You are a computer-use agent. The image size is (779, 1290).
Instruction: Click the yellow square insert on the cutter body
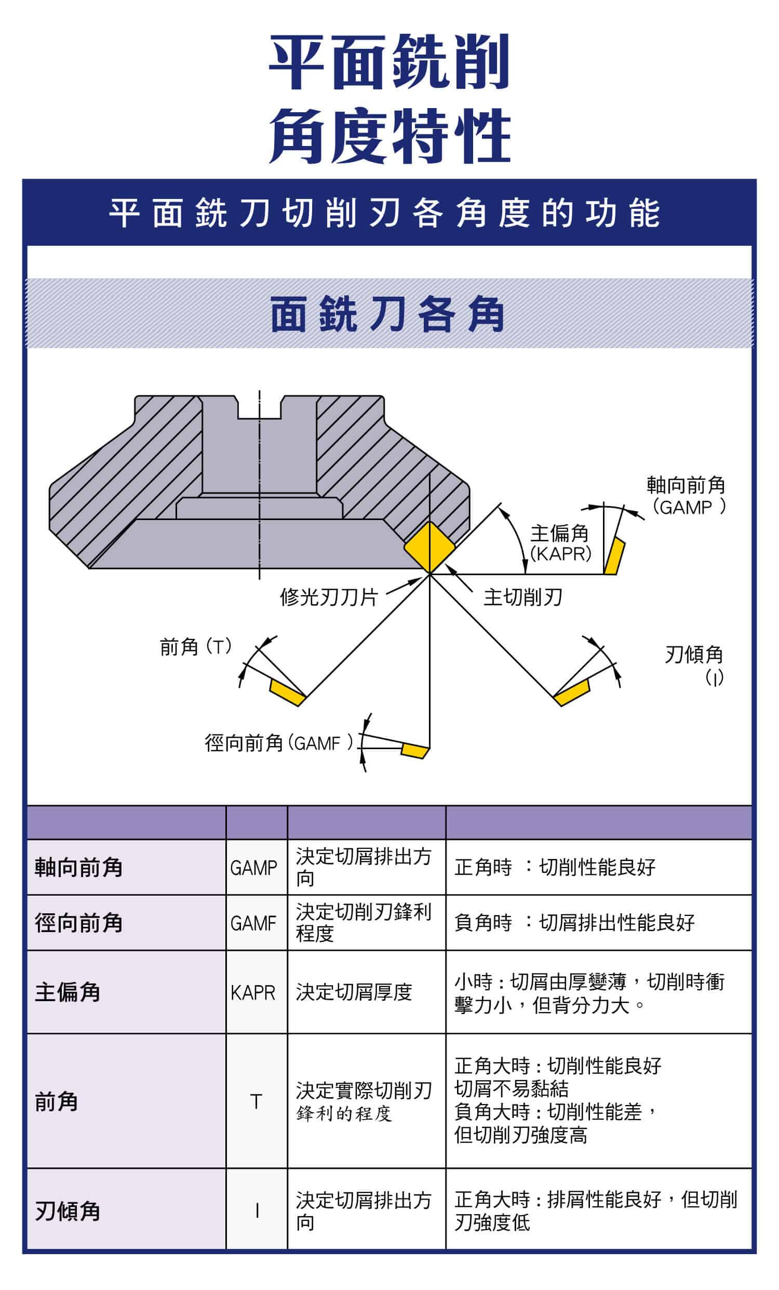428,547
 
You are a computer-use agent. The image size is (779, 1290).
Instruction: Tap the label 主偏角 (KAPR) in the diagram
560,543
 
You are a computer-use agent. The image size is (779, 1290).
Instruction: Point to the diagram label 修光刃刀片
329,597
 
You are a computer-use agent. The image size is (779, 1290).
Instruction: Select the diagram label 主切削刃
522,597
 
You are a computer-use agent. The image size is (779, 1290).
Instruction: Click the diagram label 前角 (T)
195,647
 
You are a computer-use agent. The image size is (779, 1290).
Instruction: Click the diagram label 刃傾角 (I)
694,665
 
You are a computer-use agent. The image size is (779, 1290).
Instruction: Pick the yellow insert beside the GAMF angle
415,750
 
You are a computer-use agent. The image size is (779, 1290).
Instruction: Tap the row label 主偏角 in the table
68,992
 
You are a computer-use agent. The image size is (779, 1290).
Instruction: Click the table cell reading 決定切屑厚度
354,992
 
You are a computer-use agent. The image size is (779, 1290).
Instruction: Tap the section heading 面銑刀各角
387,314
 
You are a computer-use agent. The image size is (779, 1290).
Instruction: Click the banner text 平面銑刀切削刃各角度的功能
384,214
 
